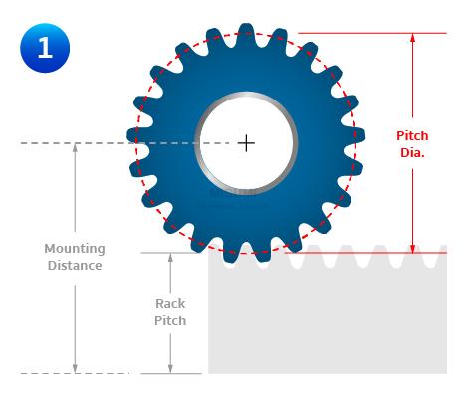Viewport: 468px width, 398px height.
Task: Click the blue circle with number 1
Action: click(x=45, y=48)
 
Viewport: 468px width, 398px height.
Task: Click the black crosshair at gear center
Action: click(x=246, y=143)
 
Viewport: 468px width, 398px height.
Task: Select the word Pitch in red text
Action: click(x=412, y=136)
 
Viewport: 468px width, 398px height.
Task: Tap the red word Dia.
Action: click(x=412, y=152)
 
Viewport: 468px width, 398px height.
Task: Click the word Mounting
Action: click(x=75, y=249)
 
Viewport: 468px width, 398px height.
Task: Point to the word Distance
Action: click(x=75, y=266)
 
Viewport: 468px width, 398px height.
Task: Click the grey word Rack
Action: click(x=170, y=304)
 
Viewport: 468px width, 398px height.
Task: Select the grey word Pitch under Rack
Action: click(x=170, y=321)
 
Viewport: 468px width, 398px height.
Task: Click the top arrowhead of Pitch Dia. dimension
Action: click(x=412, y=38)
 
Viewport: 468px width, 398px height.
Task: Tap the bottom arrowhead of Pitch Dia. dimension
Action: click(x=412, y=249)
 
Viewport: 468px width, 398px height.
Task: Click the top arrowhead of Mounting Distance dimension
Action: click(x=75, y=148)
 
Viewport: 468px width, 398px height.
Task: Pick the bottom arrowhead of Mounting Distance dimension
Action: click(x=75, y=369)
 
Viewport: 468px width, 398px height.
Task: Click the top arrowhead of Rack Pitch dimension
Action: click(x=170, y=258)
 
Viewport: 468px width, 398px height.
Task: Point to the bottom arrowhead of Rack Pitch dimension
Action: click(x=170, y=369)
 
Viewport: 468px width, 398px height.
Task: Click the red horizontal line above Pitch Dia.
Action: click(x=372, y=33)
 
